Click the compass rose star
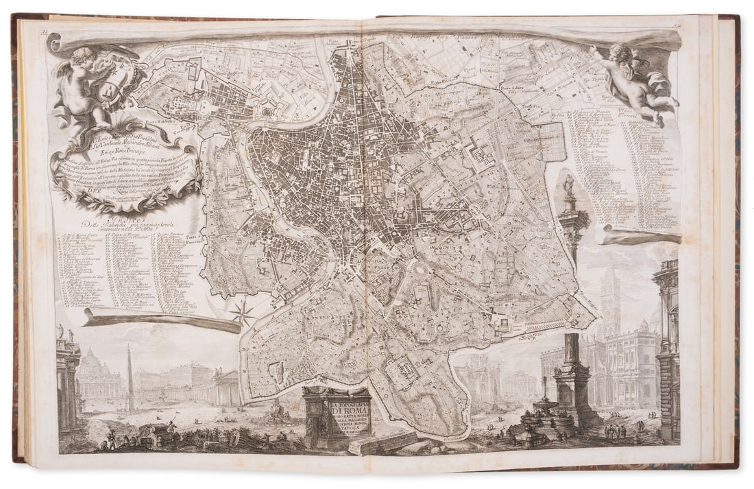pos(242,313)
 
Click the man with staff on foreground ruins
pos(171,428)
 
